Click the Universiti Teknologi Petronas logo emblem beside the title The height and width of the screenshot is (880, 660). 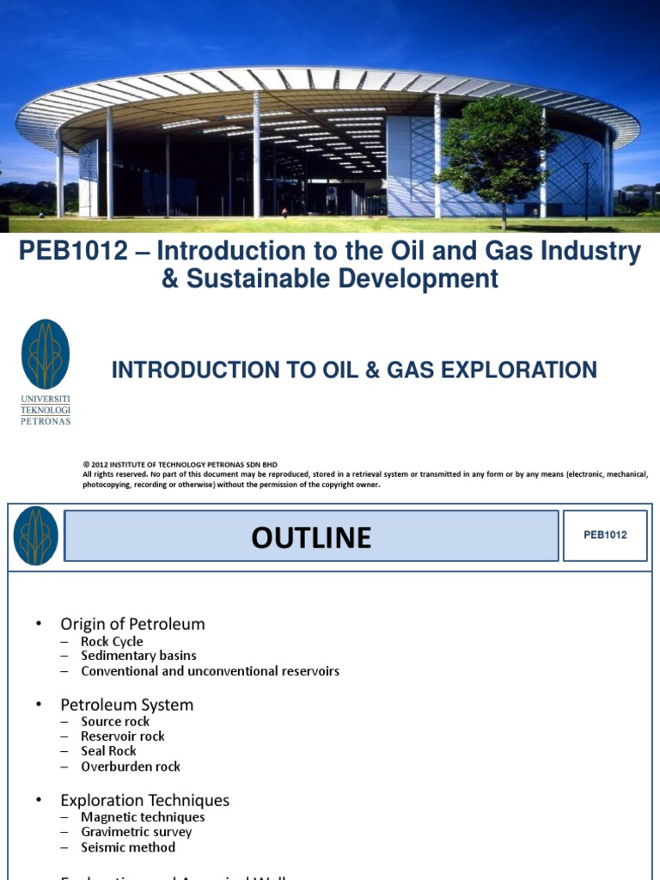tap(46, 354)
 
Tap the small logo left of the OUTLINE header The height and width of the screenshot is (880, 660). tap(36, 535)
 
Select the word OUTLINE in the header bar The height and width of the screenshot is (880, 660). tap(311, 538)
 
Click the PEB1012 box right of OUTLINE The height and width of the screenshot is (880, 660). tap(605, 535)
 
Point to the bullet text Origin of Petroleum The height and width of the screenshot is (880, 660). tap(132, 624)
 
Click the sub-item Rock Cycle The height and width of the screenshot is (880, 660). tap(112, 642)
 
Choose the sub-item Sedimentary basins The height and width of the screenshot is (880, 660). tap(138, 656)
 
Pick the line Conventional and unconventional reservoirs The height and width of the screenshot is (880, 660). tap(210, 671)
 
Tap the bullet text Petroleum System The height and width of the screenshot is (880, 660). tap(126, 705)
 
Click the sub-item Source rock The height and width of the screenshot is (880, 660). tap(115, 722)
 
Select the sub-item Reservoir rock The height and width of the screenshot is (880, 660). tap(123, 736)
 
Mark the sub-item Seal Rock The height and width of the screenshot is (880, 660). tap(110, 751)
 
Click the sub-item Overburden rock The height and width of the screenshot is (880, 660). tap(131, 767)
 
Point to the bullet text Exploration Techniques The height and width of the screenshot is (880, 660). tap(144, 800)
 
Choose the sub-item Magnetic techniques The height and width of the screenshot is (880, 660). tap(143, 817)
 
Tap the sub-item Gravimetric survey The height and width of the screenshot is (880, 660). tap(136, 832)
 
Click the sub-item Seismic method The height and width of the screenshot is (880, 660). tap(128, 847)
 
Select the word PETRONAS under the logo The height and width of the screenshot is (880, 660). tap(46, 421)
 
